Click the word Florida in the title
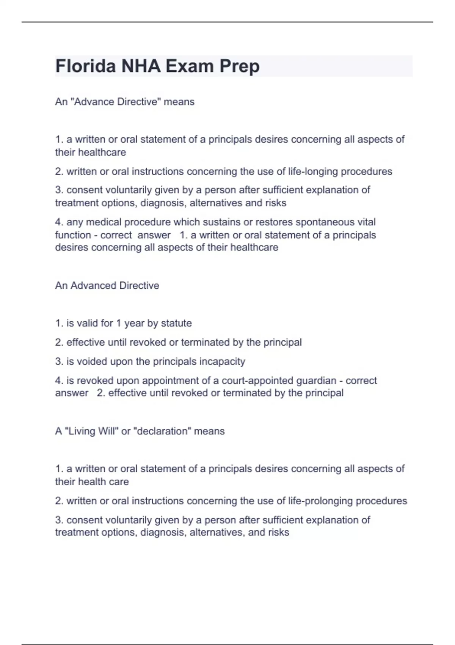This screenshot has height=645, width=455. [x=86, y=66]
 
